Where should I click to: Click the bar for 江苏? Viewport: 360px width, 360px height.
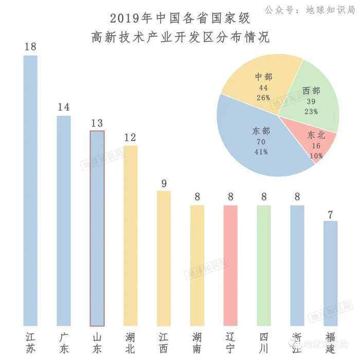30,190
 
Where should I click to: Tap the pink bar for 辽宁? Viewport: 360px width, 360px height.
231,265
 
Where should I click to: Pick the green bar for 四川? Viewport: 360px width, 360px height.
264,265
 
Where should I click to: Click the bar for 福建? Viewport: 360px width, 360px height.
331,273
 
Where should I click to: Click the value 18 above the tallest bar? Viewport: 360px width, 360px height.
30,47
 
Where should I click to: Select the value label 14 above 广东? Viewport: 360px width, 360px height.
64,107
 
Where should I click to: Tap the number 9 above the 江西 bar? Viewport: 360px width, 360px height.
164,183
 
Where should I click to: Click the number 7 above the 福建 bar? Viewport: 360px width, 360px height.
331,213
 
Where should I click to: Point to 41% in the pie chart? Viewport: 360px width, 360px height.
261,152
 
